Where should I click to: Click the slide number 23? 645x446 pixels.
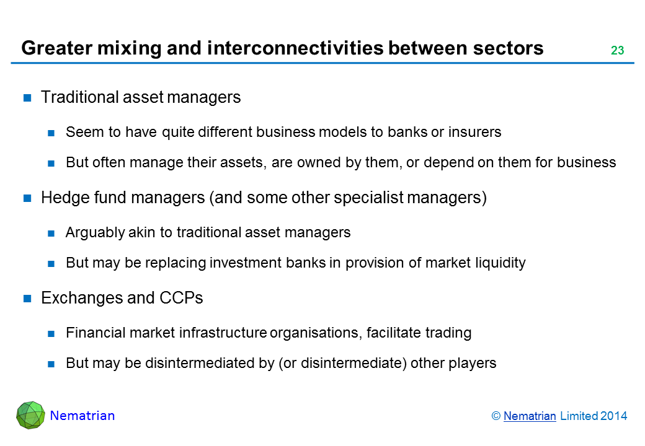click(x=617, y=50)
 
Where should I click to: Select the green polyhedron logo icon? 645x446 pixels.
click(x=30, y=415)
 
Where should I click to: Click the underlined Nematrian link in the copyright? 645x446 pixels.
click(x=530, y=416)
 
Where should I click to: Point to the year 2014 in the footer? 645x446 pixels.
click(x=613, y=416)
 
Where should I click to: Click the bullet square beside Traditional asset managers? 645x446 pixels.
click(x=27, y=98)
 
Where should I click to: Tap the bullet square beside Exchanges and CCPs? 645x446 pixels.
click(x=27, y=298)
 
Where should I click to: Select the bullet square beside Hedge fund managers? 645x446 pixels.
click(x=27, y=198)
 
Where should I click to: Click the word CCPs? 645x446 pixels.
click(x=181, y=298)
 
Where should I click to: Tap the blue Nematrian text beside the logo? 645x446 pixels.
click(x=82, y=416)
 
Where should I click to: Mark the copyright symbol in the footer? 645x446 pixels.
click(x=496, y=416)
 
